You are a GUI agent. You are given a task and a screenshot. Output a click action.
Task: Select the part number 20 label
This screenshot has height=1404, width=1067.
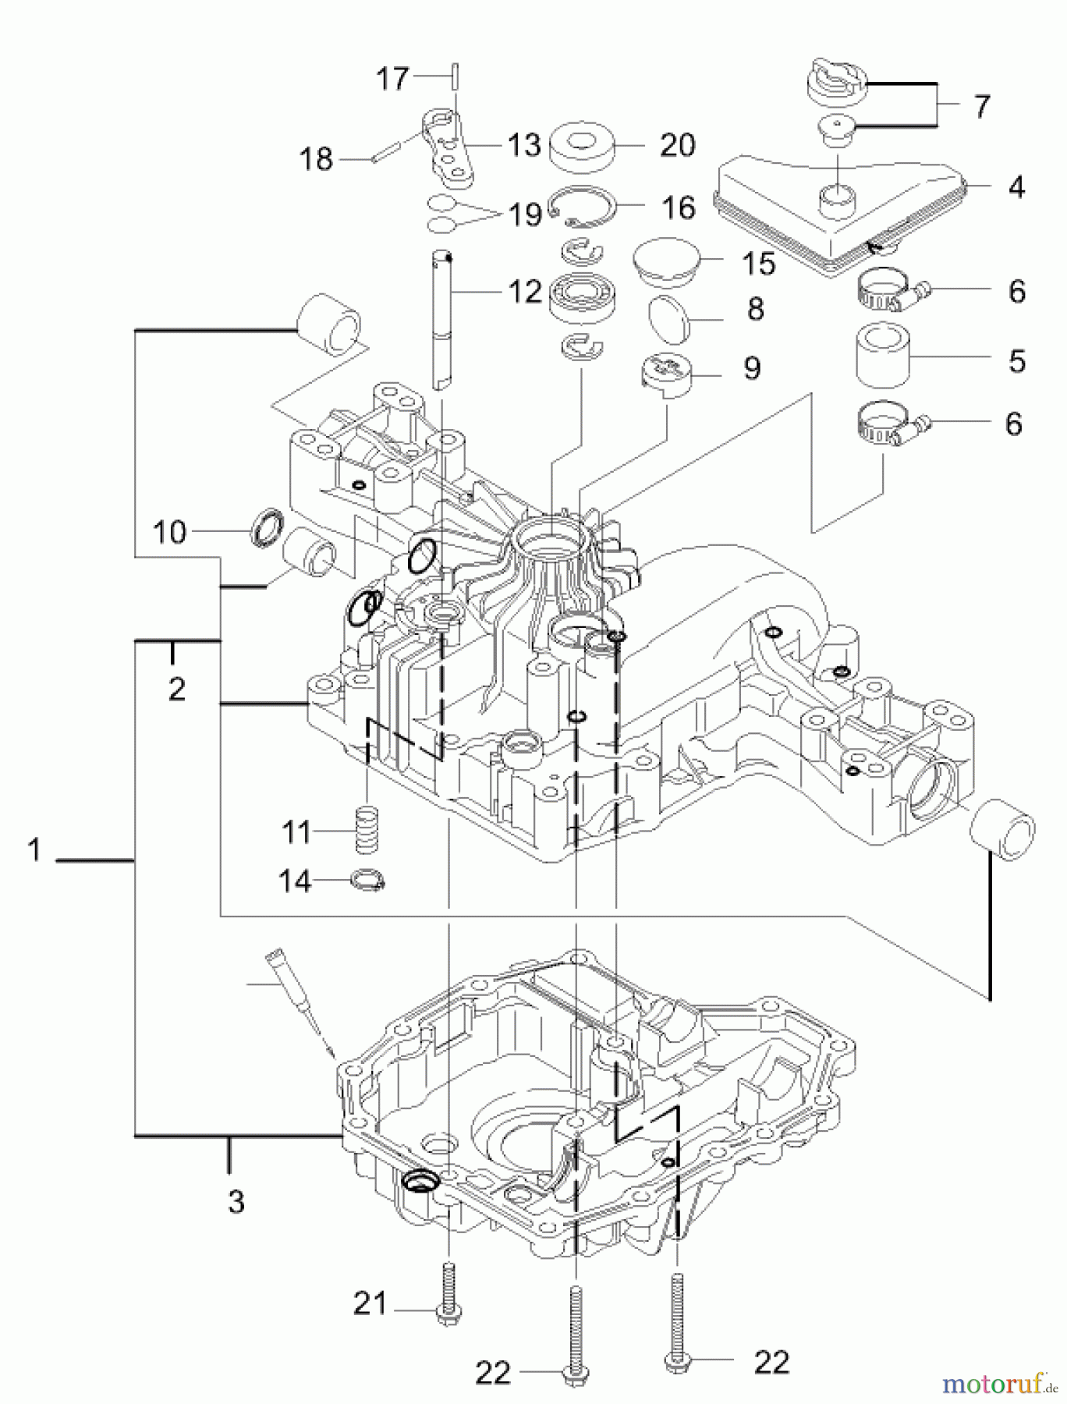pos(677,145)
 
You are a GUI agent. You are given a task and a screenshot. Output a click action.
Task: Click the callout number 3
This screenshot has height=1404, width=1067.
pos(236,1201)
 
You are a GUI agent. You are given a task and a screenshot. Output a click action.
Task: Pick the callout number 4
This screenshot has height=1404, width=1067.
pos(1016,187)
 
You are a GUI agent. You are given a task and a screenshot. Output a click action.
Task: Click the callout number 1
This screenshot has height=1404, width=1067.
pos(34,850)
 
